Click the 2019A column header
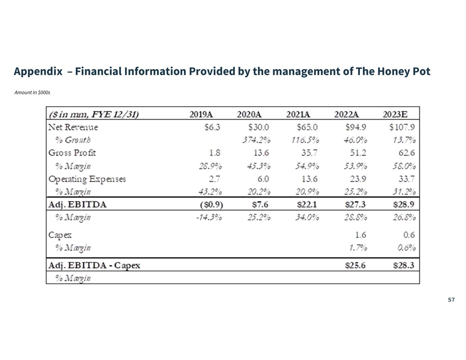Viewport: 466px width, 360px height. (201, 114)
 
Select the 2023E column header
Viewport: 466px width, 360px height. (395, 114)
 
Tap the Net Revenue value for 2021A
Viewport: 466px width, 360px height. (307, 127)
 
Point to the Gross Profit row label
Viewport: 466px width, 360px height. (72, 153)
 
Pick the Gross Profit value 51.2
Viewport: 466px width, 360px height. (358, 153)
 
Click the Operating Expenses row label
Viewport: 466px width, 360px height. (87, 179)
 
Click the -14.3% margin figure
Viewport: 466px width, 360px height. (209, 217)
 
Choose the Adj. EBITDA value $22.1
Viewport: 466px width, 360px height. (307, 205)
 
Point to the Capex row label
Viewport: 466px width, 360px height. (60, 235)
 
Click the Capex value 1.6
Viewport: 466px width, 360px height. (361, 235)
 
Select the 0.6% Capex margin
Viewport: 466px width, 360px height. (407, 248)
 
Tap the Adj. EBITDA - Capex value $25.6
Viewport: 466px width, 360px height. (355, 265)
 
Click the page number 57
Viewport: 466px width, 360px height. (451, 300)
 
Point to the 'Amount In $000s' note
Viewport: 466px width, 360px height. (32, 92)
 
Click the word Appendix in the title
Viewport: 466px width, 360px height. (38, 71)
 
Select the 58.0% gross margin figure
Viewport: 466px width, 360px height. (404, 166)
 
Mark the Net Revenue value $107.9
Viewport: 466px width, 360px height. (402, 127)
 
